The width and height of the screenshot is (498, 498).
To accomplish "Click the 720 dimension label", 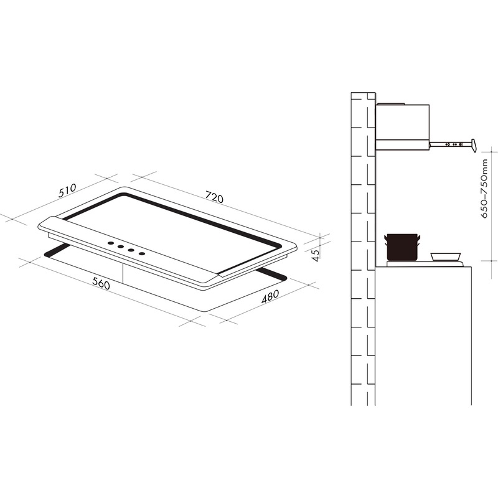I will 214,198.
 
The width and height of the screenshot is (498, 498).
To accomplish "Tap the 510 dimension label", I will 67,190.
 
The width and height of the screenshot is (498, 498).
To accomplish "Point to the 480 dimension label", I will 270,297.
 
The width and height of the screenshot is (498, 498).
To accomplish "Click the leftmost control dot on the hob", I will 110,243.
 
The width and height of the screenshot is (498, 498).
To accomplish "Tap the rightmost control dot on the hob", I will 143,253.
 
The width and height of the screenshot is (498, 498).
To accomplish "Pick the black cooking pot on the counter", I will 402,248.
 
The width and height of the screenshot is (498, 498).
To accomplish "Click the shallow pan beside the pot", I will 446,256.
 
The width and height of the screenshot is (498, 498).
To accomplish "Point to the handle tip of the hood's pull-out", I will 474,146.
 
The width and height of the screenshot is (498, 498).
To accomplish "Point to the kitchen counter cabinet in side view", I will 423,336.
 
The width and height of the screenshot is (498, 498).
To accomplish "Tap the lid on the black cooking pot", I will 402,236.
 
